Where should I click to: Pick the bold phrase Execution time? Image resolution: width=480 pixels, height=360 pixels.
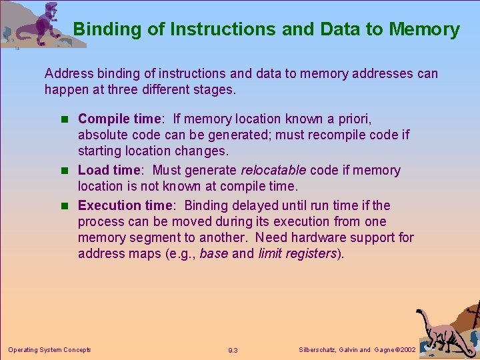pyautogui.click(x=127, y=205)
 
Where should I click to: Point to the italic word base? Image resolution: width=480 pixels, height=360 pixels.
pyautogui.click(x=213, y=253)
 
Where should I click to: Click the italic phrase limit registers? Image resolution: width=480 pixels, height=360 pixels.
pyautogui.click(x=297, y=253)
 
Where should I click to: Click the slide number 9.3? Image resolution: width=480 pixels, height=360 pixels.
pyautogui.click(x=233, y=350)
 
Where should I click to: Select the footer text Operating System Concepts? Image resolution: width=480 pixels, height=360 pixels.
pyautogui.click(x=49, y=349)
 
